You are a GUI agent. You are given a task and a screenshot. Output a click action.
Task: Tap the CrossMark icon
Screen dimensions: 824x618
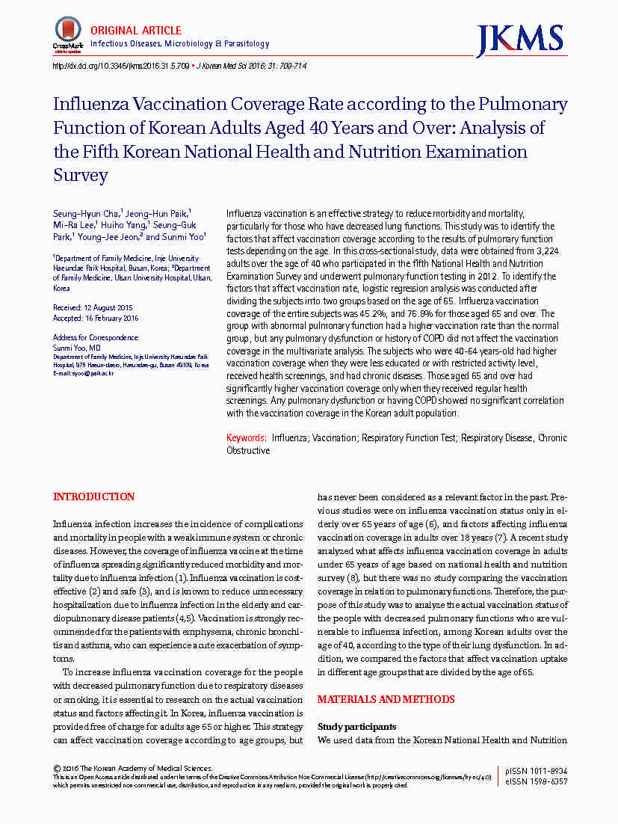coord(67,33)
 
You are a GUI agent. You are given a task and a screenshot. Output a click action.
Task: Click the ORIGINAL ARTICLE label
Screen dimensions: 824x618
coord(136,31)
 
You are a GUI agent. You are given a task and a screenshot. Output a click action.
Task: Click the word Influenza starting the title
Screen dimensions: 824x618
coord(95,105)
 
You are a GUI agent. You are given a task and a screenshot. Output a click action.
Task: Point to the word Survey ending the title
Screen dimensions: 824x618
coord(81,176)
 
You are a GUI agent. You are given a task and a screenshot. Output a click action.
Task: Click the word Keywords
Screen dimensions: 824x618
coord(247,438)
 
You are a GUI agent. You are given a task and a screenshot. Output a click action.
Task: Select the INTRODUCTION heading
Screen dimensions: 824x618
coord(94,497)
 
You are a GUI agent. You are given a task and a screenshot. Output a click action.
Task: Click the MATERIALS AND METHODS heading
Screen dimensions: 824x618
coord(386,700)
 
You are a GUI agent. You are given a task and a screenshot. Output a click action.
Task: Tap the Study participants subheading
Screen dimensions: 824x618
coord(356,727)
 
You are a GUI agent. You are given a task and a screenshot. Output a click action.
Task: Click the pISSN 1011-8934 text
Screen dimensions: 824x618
coord(536,771)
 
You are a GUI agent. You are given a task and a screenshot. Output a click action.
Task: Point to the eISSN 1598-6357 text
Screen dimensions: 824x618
coord(536,781)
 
